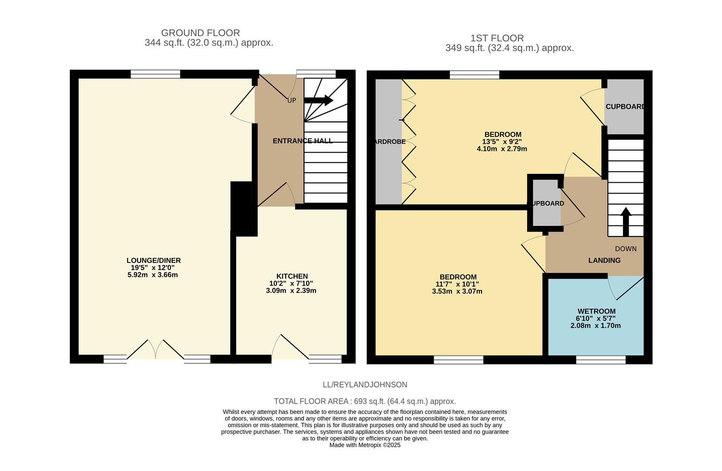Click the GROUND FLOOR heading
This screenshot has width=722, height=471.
[x=200, y=33]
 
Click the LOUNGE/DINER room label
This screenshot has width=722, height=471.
[x=153, y=260]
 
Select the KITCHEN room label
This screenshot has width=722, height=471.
[x=292, y=276]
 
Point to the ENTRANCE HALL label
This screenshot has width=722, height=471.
[x=302, y=141]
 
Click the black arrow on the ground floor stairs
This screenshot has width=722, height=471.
[x=318, y=101]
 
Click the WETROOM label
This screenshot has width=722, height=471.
[x=596, y=311]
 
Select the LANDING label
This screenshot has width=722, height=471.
[x=604, y=260]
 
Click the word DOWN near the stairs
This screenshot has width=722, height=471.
[x=626, y=249]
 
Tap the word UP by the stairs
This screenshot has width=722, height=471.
[x=291, y=100]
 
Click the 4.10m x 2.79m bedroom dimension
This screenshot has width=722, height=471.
[x=502, y=149]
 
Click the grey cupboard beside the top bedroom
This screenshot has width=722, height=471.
[x=624, y=107]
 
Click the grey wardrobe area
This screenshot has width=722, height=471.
[x=388, y=142]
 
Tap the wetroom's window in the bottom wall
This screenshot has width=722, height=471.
[x=601, y=359]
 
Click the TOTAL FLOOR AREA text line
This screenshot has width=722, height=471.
[x=365, y=401]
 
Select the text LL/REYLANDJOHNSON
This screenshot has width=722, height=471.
[x=365, y=385]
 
